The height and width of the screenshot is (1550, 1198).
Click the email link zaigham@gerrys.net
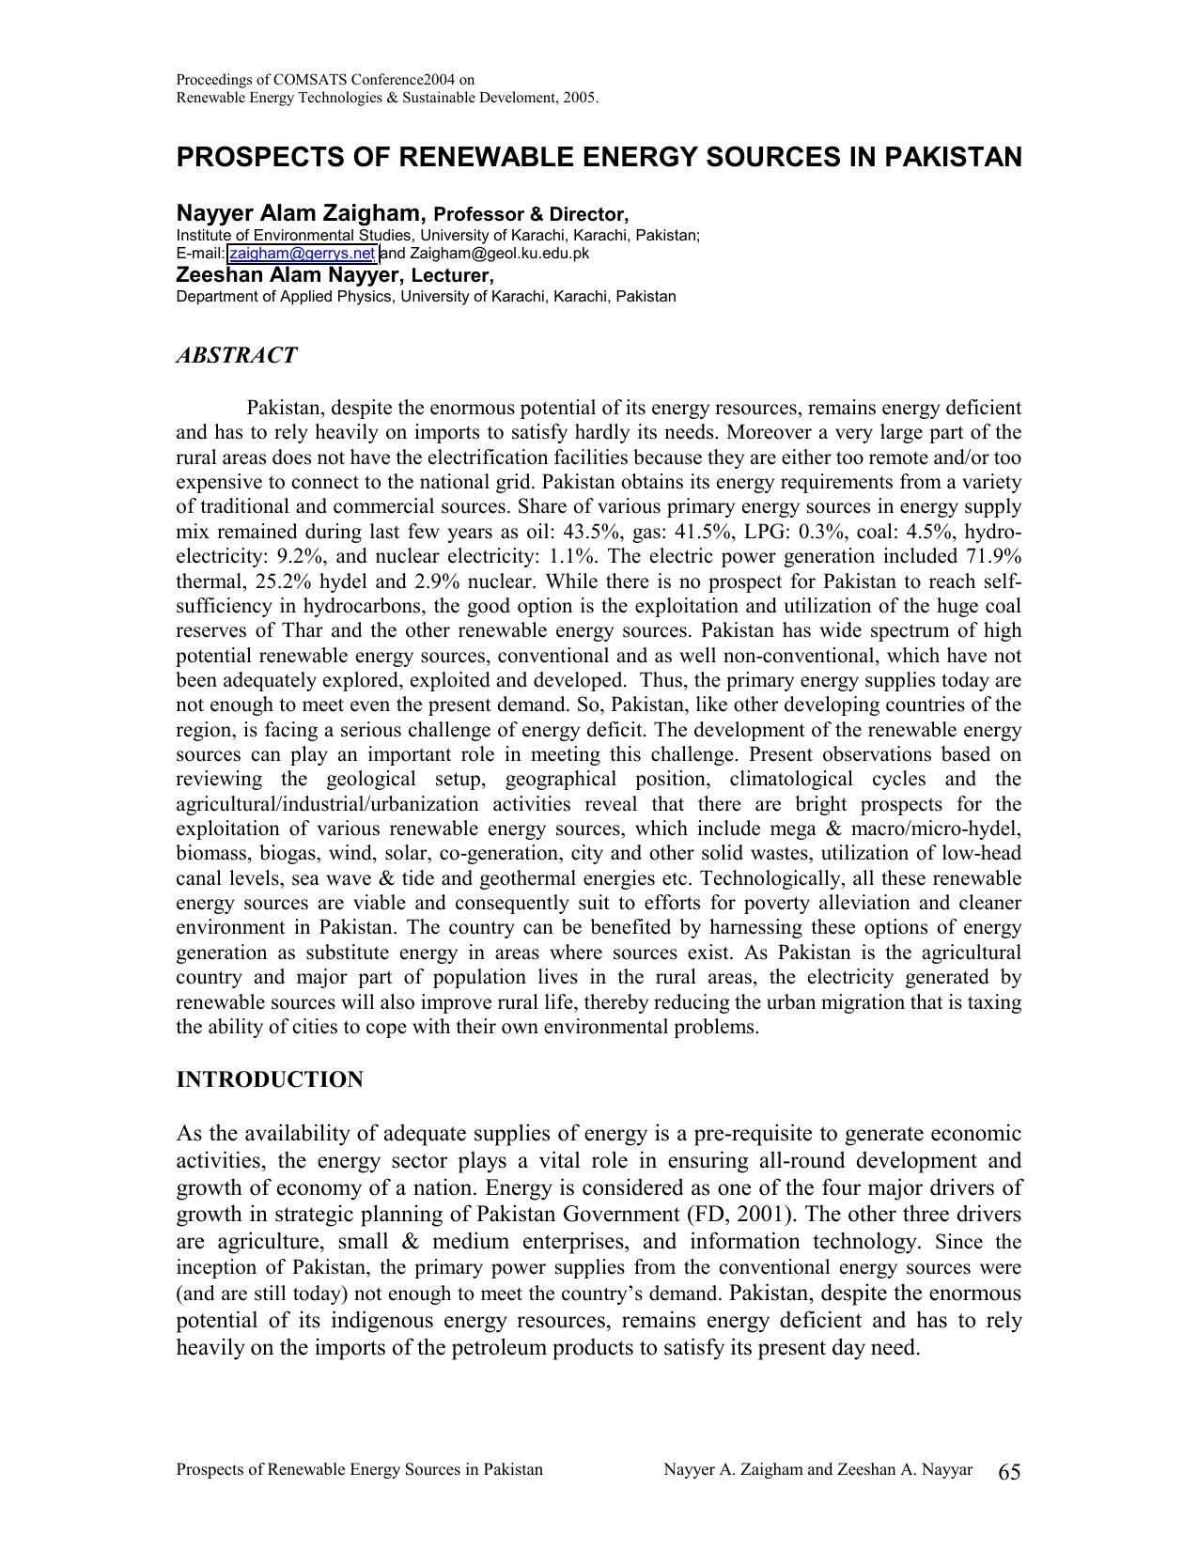[302, 254]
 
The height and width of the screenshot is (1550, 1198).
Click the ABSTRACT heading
[236, 356]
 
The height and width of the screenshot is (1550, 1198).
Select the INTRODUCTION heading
[270, 1079]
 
